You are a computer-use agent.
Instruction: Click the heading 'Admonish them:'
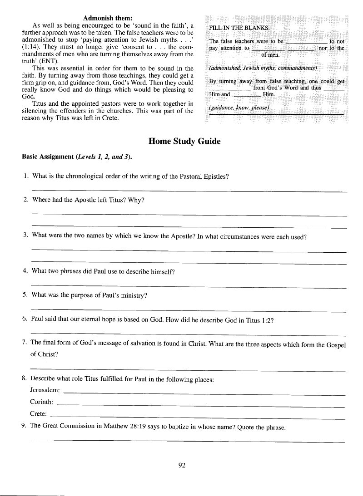pyautogui.click(x=108, y=18)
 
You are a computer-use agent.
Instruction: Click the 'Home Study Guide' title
pyautogui.click(x=184, y=141)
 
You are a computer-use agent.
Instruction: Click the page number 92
pyautogui.click(x=183, y=465)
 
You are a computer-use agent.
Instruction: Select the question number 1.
pyautogui.click(x=25, y=177)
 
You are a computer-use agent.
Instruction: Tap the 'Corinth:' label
pyautogui.click(x=42, y=402)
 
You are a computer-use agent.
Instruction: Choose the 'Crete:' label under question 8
pyautogui.click(x=39, y=414)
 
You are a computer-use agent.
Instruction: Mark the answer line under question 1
pyautogui.click(x=189, y=192)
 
